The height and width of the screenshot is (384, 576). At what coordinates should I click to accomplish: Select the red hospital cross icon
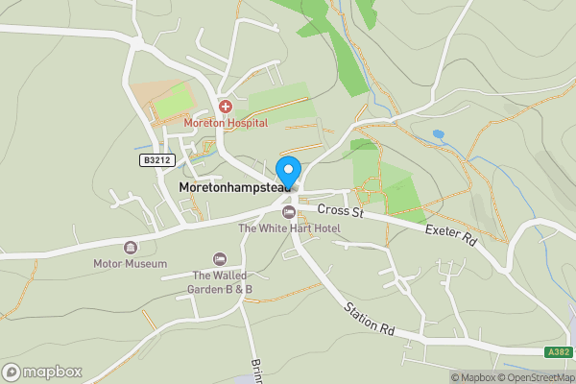click(226, 107)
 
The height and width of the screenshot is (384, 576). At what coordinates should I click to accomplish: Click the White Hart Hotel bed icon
click(289, 211)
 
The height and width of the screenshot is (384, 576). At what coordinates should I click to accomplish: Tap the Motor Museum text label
click(131, 263)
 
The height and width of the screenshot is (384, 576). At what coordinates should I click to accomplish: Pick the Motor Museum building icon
click(131, 247)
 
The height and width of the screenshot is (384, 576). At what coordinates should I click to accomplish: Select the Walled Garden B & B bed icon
click(220, 259)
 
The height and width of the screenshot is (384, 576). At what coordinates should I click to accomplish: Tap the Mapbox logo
click(42, 372)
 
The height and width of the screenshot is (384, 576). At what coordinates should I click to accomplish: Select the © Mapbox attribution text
click(472, 376)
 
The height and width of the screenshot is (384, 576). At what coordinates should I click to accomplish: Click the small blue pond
click(438, 134)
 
